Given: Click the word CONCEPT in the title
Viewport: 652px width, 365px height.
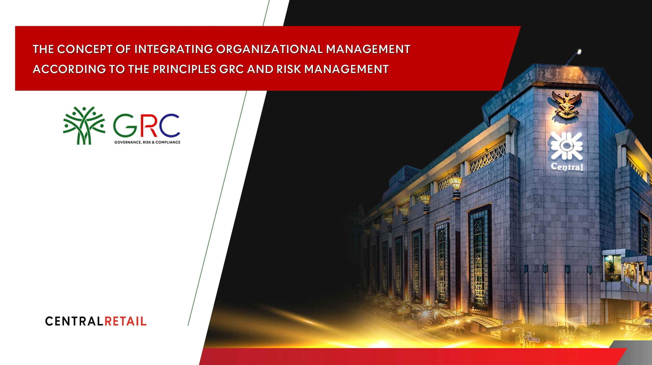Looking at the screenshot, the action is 84,49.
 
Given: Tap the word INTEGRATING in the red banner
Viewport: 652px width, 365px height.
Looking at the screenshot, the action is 174,49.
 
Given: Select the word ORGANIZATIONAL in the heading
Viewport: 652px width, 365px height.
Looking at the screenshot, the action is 269,49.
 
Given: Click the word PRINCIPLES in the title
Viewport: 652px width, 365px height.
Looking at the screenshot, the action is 185,69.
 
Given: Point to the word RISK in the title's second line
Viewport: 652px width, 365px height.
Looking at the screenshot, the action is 289,69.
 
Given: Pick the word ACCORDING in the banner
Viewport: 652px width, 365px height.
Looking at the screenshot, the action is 69,69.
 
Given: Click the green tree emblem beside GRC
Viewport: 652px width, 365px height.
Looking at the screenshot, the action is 84,125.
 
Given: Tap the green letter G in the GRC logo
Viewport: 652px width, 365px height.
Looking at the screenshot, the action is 125,125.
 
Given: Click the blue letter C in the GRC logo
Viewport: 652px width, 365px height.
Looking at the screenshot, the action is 169,125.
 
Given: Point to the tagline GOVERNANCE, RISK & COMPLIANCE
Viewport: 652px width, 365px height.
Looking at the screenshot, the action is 147,142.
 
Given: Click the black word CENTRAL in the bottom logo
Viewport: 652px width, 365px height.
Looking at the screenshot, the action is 74,321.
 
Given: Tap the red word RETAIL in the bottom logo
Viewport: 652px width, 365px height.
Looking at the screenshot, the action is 126,321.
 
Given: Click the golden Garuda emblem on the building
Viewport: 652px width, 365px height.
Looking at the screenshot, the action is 566,104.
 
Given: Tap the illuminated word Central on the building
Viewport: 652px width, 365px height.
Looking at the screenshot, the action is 567,167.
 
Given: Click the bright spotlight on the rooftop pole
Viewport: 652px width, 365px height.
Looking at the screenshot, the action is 579,52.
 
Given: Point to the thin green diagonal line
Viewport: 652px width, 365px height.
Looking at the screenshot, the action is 229,163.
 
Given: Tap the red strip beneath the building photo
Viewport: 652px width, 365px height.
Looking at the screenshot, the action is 413,356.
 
